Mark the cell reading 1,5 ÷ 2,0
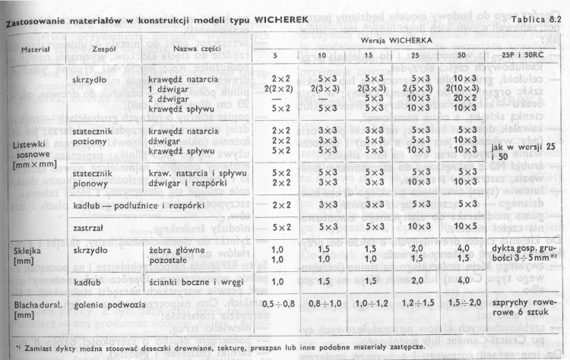click(x=464, y=303)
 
